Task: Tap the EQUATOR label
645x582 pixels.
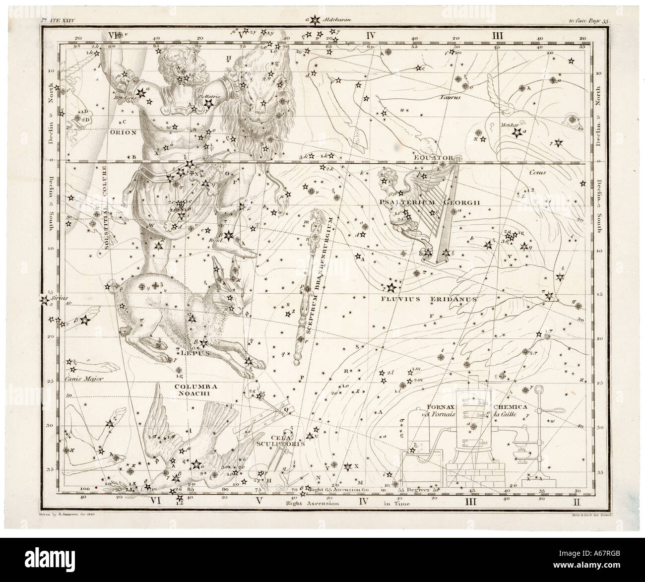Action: [435, 158]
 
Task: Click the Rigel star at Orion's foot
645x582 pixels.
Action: [228, 236]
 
